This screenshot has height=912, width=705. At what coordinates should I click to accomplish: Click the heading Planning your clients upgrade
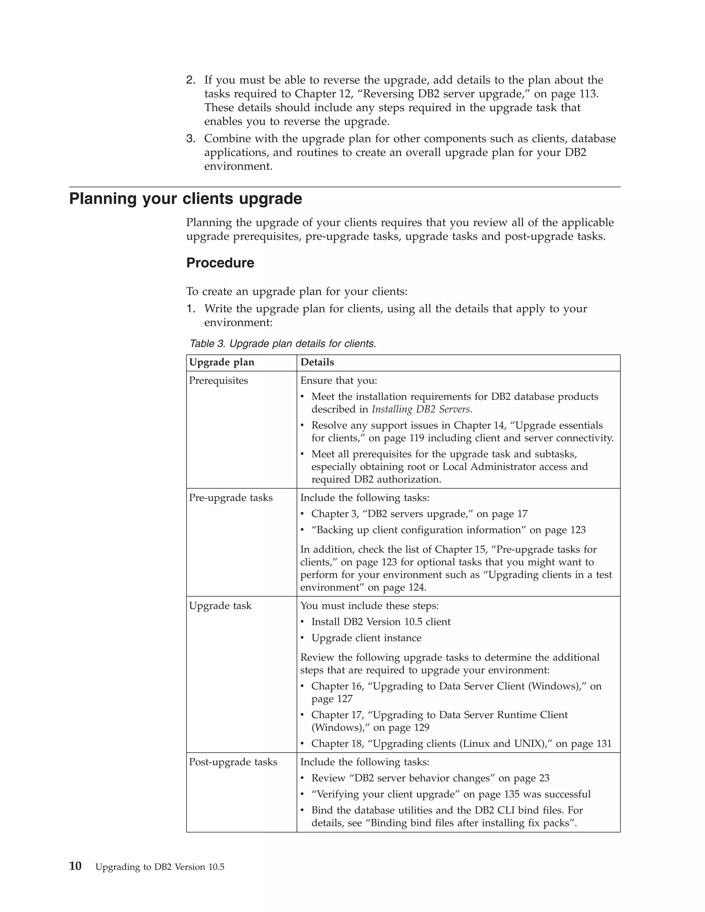coord(186,199)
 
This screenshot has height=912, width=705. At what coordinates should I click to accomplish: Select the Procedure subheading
coord(220,263)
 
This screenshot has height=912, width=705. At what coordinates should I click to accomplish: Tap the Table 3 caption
coord(283,344)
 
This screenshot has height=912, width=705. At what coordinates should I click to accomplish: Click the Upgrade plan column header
coord(221,362)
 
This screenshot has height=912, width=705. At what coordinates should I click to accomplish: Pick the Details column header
coord(317,362)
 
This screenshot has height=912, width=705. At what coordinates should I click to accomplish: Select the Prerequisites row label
coord(219,380)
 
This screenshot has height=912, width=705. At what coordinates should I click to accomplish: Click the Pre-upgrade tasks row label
coord(231,498)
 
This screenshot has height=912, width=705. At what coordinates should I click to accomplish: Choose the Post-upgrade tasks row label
coord(233,762)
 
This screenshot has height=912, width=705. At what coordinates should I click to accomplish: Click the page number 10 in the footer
coord(75,867)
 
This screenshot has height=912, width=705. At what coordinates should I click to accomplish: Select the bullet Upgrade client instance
coord(366,638)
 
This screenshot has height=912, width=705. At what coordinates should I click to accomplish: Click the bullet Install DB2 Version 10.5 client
coord(381,622)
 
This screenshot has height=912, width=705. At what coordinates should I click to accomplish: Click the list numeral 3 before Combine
coord(190,139)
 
